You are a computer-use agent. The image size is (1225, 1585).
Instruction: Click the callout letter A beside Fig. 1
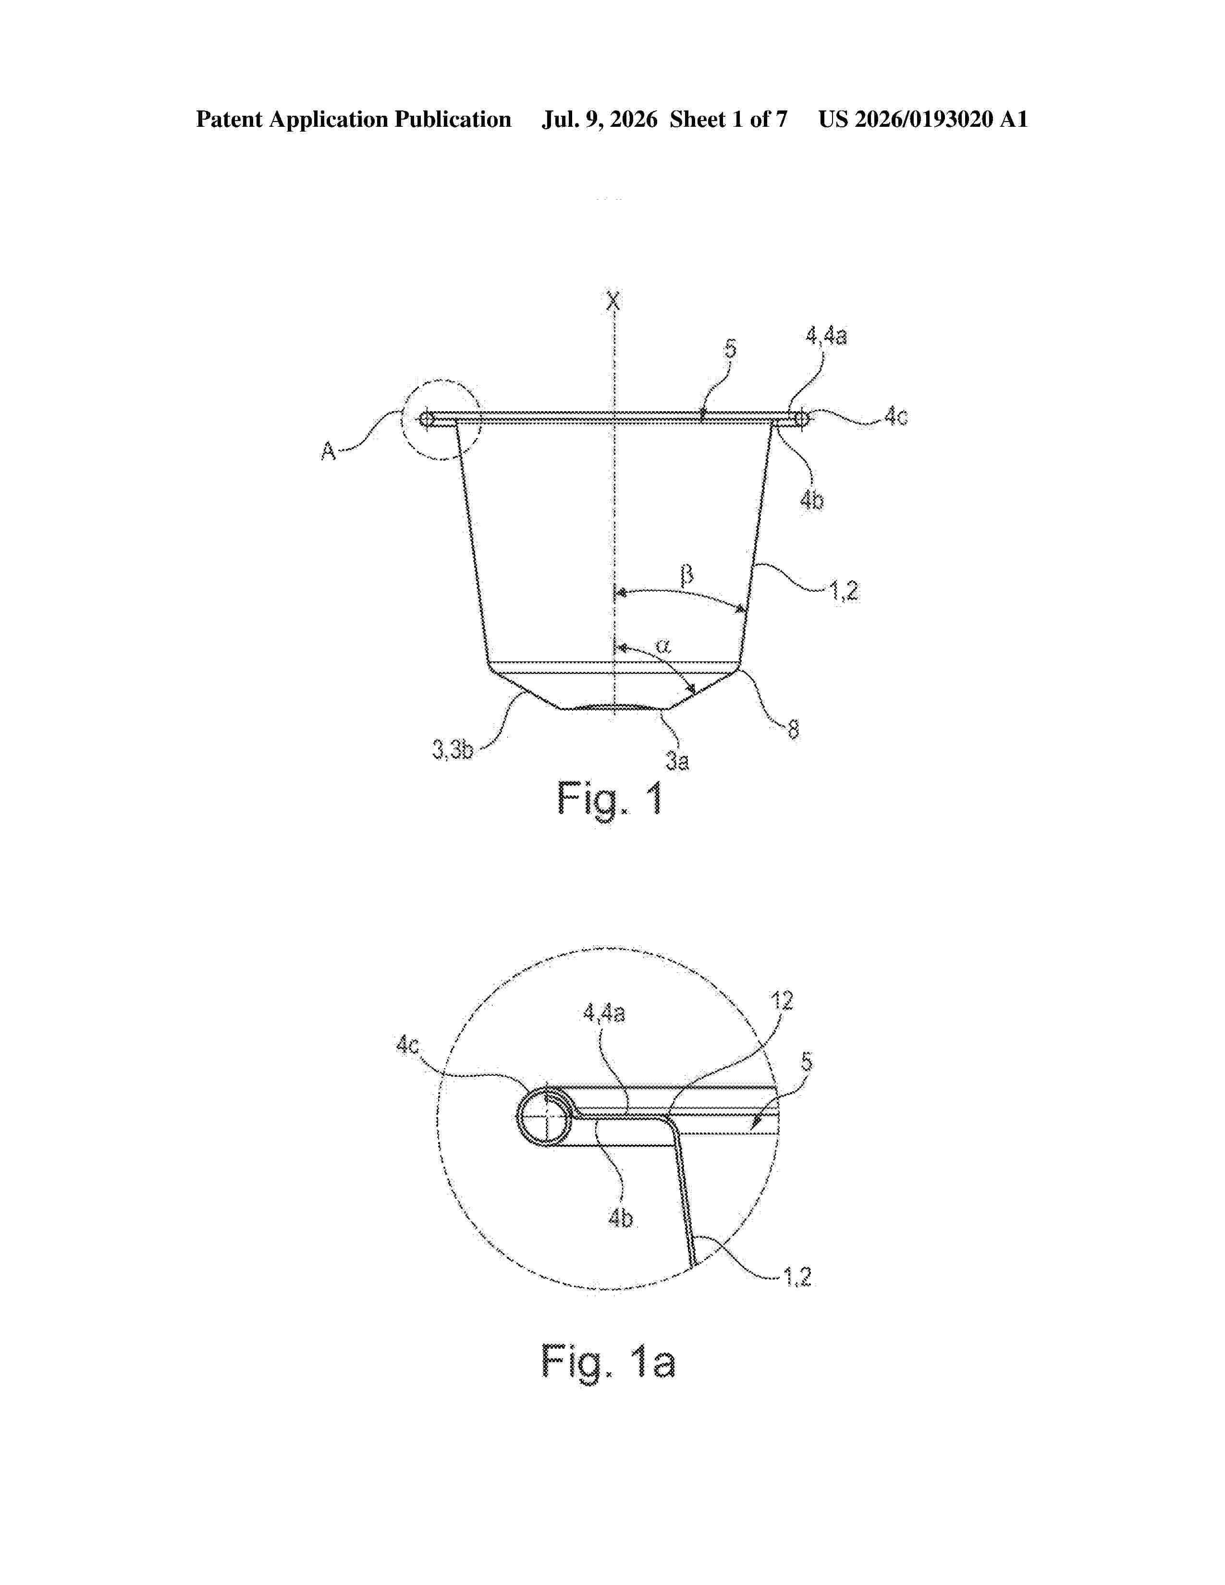pos(329,451)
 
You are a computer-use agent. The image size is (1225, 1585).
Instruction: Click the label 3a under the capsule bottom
pos(677,761)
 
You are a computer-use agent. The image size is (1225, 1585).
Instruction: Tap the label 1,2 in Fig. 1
pos(843,591)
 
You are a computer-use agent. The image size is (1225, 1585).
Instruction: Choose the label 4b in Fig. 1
pos(811,500)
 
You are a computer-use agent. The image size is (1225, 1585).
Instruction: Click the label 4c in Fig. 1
pos(895,416)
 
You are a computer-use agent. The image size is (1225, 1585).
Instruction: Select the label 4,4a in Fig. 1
pos(827,336)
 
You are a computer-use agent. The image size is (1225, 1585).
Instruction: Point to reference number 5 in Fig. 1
pos(730,349)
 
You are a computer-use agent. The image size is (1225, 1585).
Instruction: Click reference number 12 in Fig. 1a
pos(782,1001)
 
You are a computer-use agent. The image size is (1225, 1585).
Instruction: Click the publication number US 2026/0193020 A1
pos(923,120)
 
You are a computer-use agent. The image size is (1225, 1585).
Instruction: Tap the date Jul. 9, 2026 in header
pos(600,120)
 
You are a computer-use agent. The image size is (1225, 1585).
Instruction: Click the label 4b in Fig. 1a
pos(621,1217)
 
